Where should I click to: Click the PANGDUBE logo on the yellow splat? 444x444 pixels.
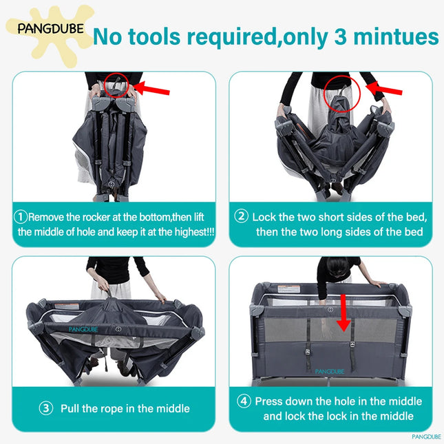tap(51, 29)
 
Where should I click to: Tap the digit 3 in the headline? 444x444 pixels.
tap(340, 36)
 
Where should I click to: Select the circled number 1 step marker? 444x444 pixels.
tap(21, 217)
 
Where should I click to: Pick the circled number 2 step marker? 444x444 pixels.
tap(241, 216)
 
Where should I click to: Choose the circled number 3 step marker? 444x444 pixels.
tap(46, 408)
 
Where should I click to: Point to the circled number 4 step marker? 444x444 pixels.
tap(244, 401)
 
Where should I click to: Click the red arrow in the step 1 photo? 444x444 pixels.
tap(151, 88)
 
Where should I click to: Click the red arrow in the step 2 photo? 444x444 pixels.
tap(384, 88)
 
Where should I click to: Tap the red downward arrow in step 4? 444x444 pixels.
tap(343, 313)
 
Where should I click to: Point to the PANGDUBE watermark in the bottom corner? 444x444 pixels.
tap(426, 436)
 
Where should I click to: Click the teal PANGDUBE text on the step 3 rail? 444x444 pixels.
tap(83, 329)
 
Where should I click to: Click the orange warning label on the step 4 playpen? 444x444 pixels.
tap(288, 289)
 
